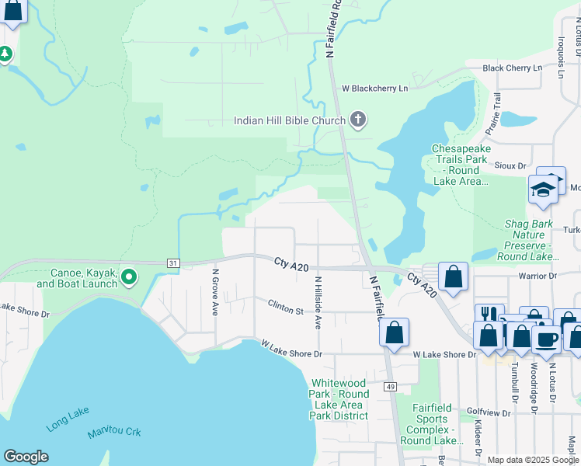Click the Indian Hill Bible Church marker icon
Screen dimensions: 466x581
(x=357, y=120)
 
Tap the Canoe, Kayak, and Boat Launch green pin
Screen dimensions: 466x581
(x=129, y=276)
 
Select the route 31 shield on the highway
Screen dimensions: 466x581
(x=173, y=264)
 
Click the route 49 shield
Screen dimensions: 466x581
(x=391, y=387)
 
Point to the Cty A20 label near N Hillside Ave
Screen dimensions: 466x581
(x=291, y=264)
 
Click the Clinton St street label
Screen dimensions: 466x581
(x=286, y=310)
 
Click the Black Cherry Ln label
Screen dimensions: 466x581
(x=512, y=68)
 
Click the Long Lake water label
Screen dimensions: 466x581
(x=68, y=419)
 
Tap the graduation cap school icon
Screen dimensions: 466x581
(x=543, y=189)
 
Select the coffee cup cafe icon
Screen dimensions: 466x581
(x=547, y=339)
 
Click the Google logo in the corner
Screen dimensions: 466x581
(x=26, y=457)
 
